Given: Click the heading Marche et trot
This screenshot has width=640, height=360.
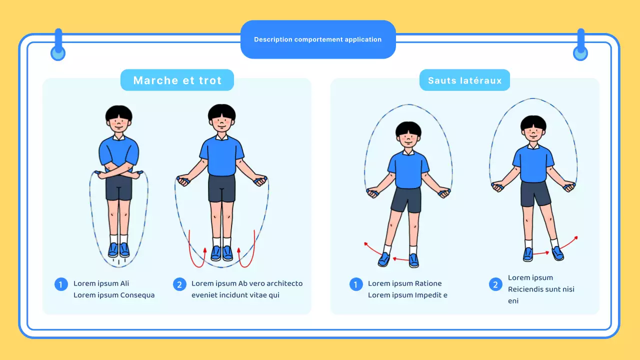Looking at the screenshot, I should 177,80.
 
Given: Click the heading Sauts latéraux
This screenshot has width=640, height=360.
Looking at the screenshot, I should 464,80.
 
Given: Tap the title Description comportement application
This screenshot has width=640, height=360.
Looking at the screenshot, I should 317,39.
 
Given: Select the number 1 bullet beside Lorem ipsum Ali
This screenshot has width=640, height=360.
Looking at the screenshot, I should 61,284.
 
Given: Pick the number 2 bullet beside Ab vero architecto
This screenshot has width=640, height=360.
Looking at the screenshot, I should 179,284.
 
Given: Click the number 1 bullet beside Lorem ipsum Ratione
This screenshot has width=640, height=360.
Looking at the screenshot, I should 356,284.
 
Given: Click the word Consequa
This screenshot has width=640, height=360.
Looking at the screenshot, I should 137,295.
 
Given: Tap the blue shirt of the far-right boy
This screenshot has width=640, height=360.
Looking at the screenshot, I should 533,162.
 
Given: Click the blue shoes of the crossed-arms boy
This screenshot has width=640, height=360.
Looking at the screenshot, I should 119,249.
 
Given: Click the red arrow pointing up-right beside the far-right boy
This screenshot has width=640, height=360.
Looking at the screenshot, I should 569,242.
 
